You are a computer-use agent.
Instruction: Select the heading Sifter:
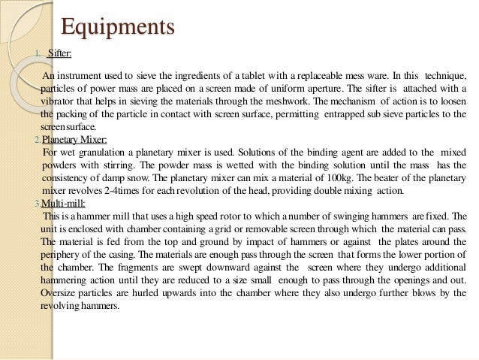coord(61,54)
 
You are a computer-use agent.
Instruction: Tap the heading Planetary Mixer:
coord(74,140)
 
